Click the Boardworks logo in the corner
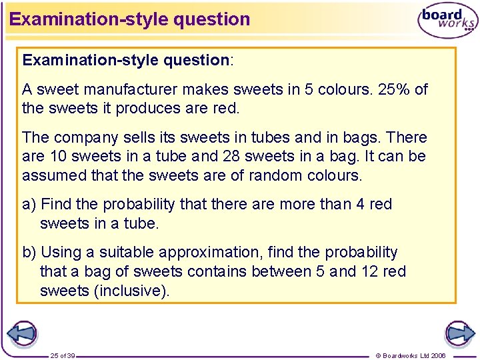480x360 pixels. [x=447, y=21]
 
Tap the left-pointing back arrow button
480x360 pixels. [x=21, y=333]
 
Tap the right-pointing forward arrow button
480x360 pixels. [x=459, y=333]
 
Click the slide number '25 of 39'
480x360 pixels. [x=62, y=355]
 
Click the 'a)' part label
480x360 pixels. [x=30, y=204]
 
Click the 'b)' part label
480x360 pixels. [x=30, y=253]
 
